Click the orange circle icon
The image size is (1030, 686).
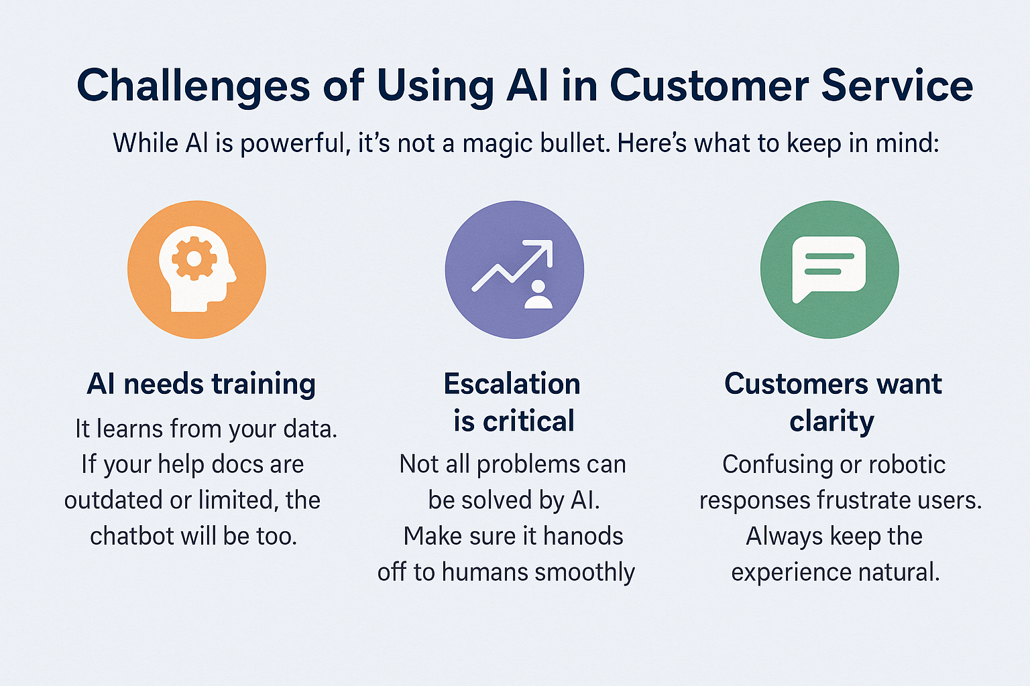tap(196, 269)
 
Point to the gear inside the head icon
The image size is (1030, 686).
tap(194, 258)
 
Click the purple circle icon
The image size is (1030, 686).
tap(514, 269)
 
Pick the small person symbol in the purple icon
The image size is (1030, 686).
tap(538, 295)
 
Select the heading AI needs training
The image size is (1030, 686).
tap(201, 384)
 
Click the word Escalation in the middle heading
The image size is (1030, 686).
tap(512, 384)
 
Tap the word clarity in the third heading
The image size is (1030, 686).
tap(832, 421)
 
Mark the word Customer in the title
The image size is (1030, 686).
tap(708, 86)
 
